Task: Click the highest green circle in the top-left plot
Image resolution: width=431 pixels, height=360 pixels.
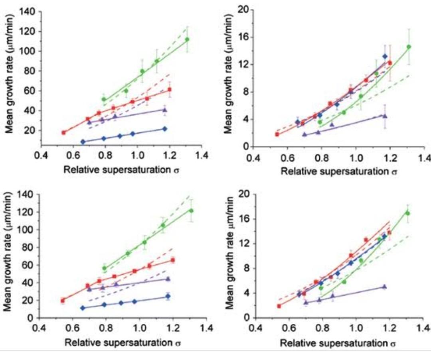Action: [x=187, y=39]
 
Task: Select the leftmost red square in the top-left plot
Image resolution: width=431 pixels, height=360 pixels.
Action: [x=63, y=132]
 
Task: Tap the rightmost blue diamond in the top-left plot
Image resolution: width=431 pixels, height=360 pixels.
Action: [x=164, y=129]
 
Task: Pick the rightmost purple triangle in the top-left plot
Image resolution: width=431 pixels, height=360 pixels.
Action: [x=165, y=110]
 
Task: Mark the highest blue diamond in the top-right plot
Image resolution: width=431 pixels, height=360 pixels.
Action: [x=385, y=57]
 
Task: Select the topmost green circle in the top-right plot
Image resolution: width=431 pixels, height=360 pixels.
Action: [x=409, y=47]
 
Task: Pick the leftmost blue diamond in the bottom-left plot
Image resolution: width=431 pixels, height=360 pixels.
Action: [x=83, y=308]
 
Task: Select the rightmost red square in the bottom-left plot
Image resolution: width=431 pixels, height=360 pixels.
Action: [x=173, y=260]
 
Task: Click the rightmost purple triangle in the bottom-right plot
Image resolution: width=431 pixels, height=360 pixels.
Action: [x=384, y=287]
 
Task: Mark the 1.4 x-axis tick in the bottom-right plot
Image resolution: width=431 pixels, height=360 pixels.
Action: [x=425, y=330]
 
